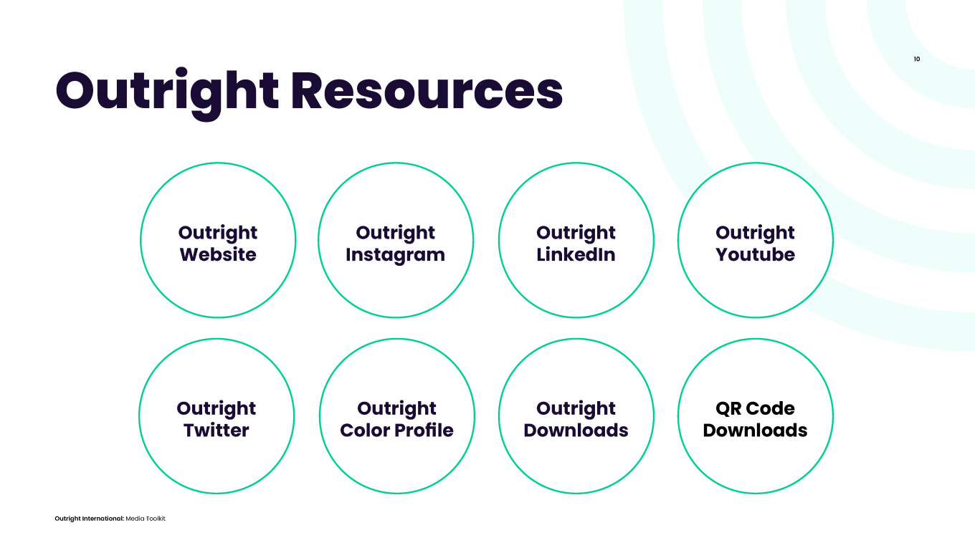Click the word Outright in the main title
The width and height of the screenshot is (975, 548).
[167, 93]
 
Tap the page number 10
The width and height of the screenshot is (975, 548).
[917, 59]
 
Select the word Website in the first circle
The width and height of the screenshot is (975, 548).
[218, 254]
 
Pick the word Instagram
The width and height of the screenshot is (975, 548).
[395, 255]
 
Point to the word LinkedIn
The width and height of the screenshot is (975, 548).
[576, 254]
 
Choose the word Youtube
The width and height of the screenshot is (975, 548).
[755, 254]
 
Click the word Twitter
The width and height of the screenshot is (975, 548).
[217, 430]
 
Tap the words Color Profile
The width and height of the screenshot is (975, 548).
[396, 430]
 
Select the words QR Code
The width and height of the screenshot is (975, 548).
[755, 408]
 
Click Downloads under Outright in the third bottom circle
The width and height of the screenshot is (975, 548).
[576, 430]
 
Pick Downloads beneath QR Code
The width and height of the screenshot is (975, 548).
[755, 430]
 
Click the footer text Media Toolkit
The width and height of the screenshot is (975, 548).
[146, 519]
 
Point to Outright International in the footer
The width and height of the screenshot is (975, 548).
[89, 519]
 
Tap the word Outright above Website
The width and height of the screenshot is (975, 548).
[218, 234]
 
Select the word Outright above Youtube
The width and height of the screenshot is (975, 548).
[755, 234]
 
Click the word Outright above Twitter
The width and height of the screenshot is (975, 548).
[217, 409]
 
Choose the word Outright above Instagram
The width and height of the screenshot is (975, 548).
[395, 234]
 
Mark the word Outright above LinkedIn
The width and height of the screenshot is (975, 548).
[576, 234]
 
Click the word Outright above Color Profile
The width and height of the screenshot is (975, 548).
[396, 409]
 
